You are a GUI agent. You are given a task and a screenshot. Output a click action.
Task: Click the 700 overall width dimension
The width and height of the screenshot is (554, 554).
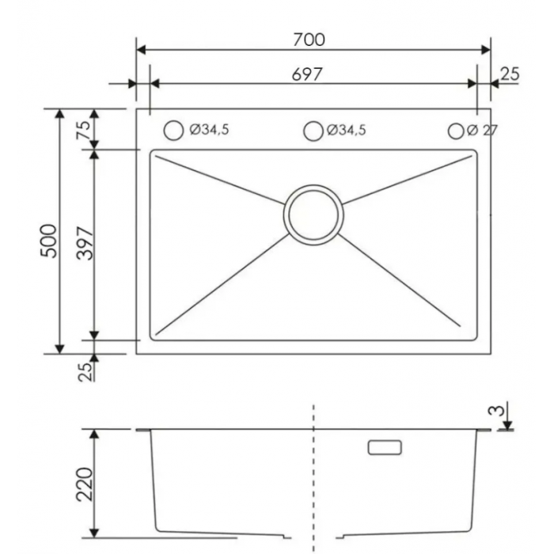[x=309, y=40]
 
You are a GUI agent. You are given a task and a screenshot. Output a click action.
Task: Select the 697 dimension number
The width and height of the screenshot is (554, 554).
[x=307, y=74]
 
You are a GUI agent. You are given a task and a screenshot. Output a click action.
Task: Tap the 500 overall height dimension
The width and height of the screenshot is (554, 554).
[x=49, y=241]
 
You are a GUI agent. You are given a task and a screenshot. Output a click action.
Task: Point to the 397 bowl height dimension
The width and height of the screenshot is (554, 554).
[x=85, y=244]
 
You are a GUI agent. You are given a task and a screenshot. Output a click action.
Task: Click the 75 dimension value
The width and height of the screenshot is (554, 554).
[x=84, y=130]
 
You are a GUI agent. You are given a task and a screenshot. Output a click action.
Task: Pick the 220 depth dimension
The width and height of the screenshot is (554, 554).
[x=85, y=484]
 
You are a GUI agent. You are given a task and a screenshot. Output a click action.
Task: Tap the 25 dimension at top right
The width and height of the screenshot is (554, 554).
[x=510, y=74]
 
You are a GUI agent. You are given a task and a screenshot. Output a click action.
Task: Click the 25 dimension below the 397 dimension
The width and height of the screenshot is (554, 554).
[x=85, y=371]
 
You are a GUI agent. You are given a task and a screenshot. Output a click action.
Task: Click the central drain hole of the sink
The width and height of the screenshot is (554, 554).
[x=313, y=214]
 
